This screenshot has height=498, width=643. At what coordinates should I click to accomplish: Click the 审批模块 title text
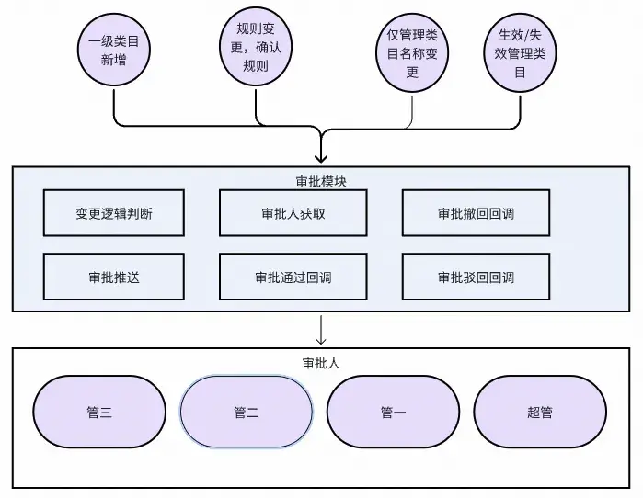point(321,180)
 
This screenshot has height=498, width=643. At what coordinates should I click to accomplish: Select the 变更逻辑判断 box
point(114,213)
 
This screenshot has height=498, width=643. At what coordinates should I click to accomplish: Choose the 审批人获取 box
point(293,213)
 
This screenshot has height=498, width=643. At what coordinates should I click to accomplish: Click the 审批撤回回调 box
point(476,213)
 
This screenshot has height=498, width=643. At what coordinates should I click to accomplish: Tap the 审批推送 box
point(114,277)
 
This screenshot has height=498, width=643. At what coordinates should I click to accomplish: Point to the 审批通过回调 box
point(293,277)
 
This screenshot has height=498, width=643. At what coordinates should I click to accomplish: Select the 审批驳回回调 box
point(476,277)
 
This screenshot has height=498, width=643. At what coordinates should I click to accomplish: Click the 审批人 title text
point(321,362)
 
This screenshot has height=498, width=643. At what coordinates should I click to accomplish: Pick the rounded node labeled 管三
point(99,412)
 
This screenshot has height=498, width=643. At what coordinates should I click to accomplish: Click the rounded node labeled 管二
point(246,412)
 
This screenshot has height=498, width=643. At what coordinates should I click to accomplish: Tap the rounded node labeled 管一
point(393,412)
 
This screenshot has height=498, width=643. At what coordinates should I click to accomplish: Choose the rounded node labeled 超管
point(540,412)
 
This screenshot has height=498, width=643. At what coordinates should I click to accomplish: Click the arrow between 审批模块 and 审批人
point(321,330)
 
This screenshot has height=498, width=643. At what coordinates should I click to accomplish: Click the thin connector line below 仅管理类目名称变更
point(412,108)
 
